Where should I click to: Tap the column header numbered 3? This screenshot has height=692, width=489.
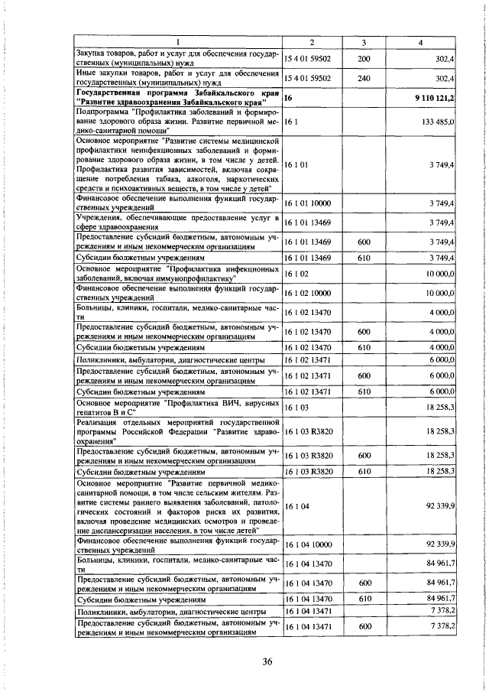(x=364, y=41)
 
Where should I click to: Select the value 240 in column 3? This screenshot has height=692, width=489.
(x=364, y=78)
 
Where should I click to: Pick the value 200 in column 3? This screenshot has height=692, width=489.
(x=364, y=58)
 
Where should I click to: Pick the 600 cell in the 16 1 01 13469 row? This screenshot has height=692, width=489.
(x=364, y=242)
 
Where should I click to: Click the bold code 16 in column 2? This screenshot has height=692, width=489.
(x=288, y=99)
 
